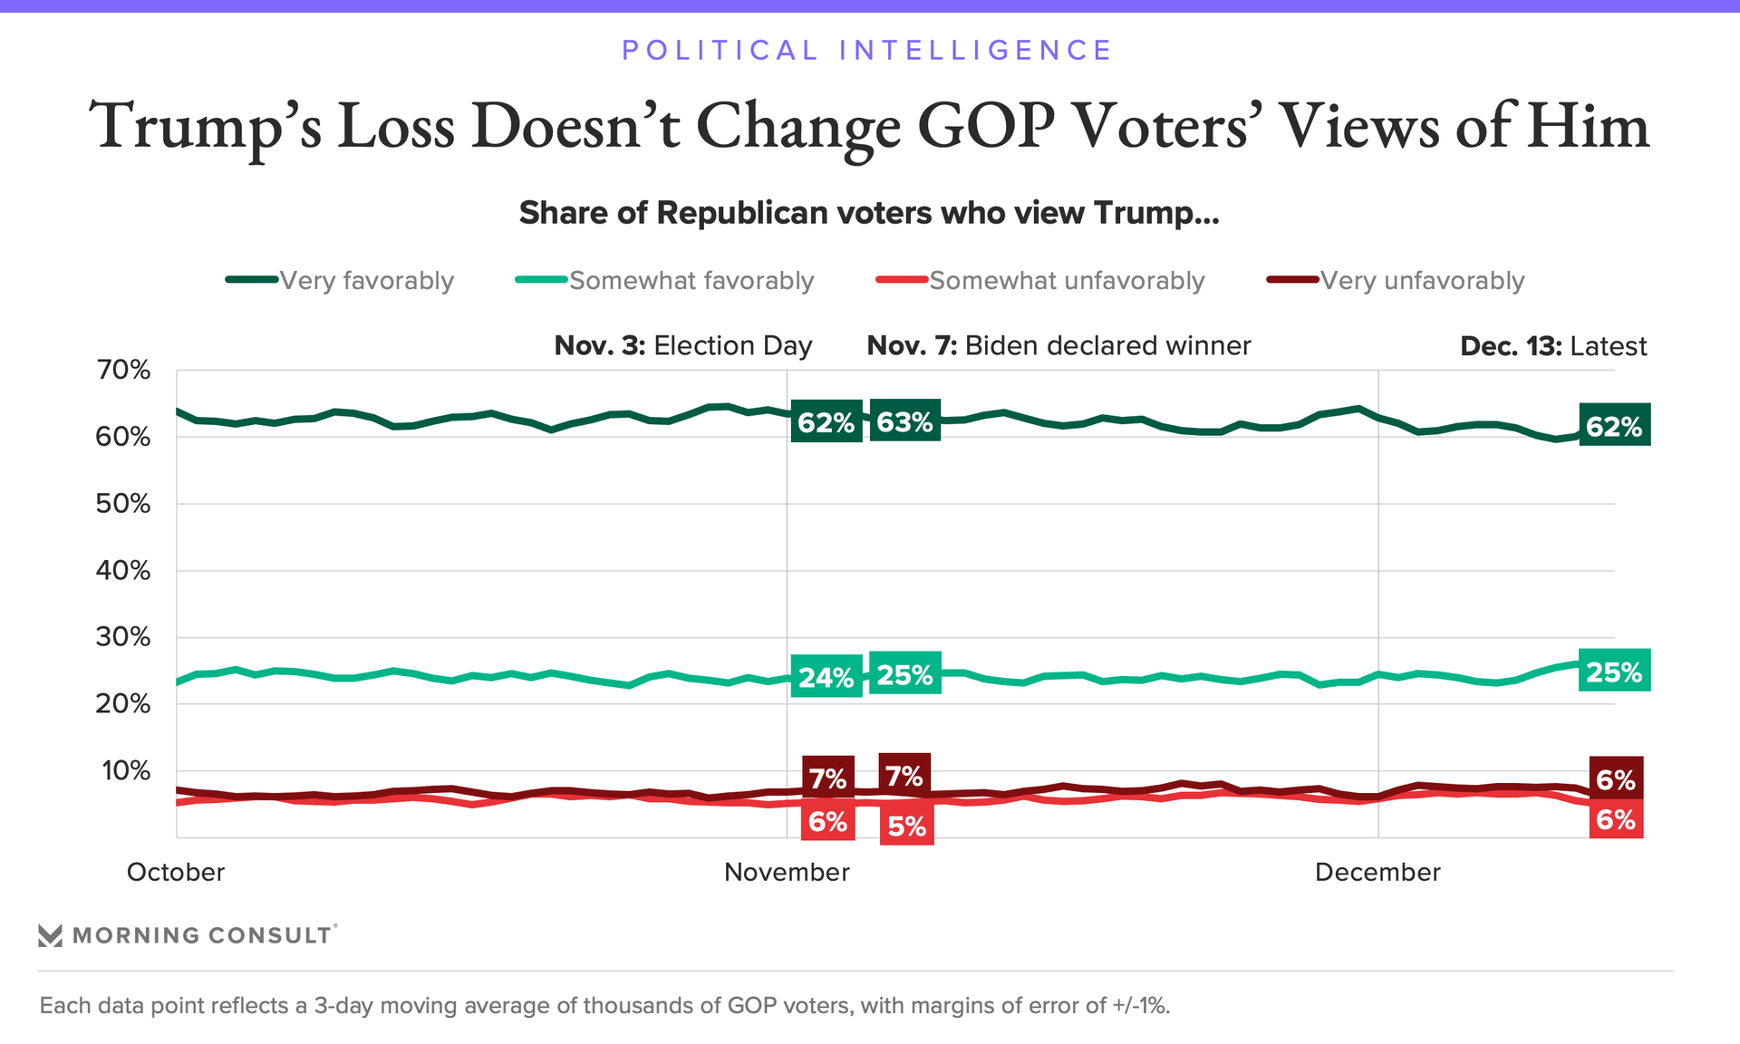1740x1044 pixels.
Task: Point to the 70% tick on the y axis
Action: click(123, 370)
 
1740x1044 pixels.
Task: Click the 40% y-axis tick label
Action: click(123, 571)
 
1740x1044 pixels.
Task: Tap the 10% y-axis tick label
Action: click(126, 771)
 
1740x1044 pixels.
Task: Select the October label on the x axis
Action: click(176, 872)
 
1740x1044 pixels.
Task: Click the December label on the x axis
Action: click(1377, 872)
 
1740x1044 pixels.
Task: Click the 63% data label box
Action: click(904, 421)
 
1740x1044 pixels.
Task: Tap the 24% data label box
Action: click(826, 677)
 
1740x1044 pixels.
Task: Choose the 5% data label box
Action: click(906, 826)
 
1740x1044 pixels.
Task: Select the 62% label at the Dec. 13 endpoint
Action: click(1614, 426)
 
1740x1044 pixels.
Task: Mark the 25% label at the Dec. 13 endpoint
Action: click(1614, 672)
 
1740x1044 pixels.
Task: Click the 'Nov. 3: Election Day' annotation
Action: click(683, 346)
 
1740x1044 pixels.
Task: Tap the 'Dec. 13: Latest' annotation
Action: click(1553, 346)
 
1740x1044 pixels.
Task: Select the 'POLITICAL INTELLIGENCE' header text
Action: click(867, 50)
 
